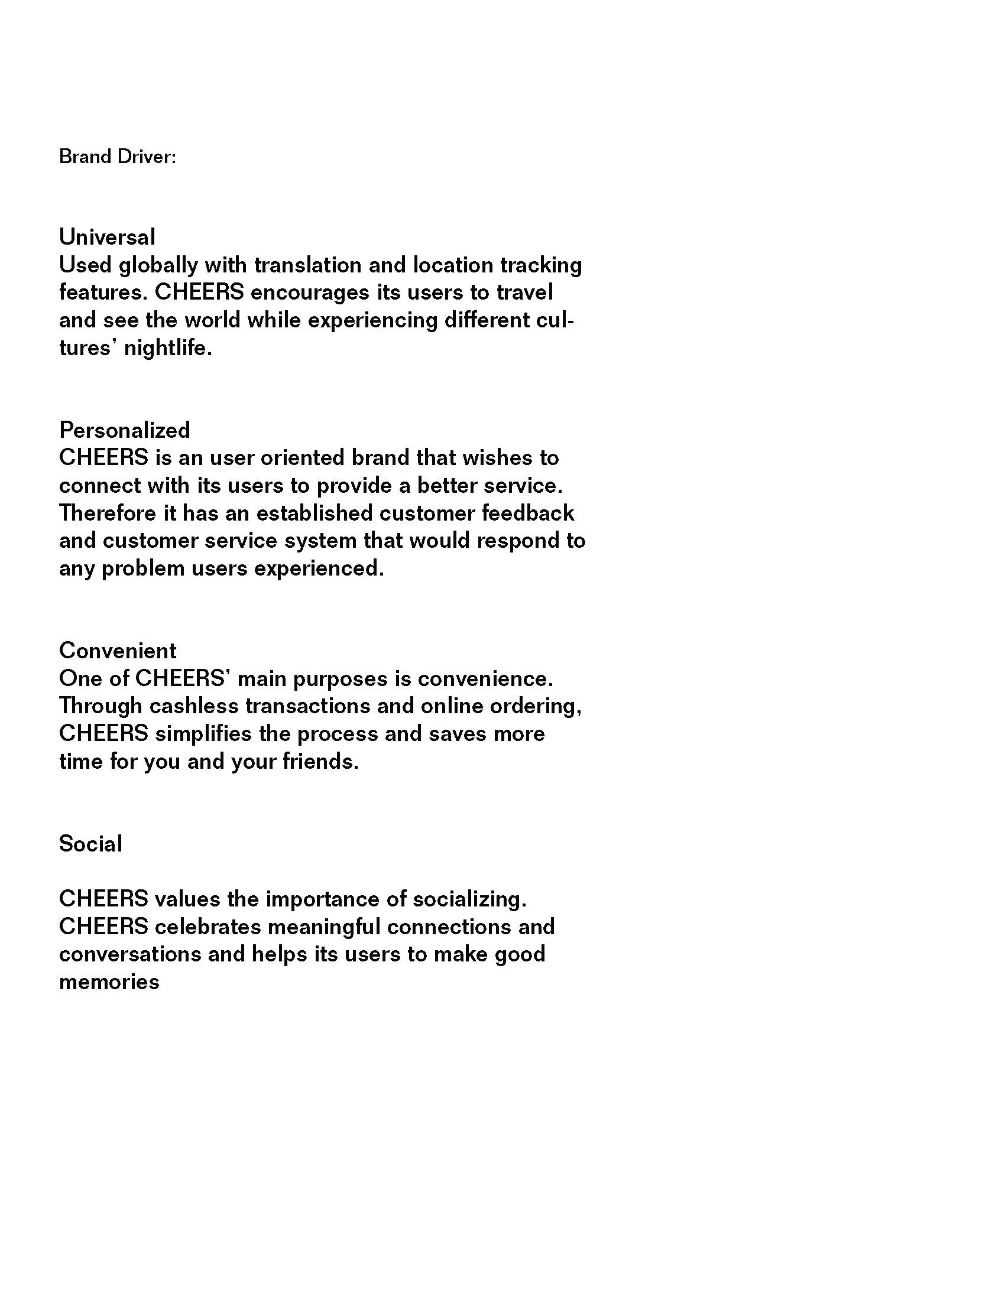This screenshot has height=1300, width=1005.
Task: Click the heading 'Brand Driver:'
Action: point(117,157)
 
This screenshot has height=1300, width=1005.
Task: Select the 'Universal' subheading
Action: point(107,237)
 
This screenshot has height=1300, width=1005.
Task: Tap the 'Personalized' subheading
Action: point(124,430)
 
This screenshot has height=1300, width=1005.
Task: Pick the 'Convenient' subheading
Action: point(117,651)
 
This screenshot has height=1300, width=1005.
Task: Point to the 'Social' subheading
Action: point(90,843)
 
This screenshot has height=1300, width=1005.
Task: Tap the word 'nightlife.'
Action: point(168,348)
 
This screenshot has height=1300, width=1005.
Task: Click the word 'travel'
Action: point(524,293)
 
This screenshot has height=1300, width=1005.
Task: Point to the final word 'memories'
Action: point(109,981)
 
